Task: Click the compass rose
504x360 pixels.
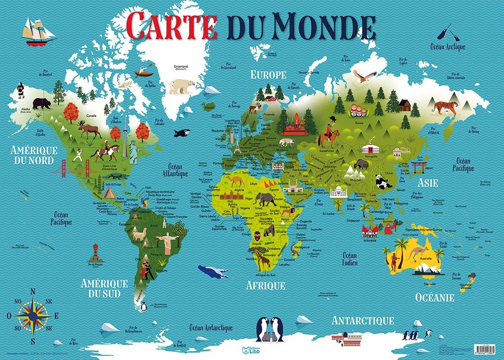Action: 33,315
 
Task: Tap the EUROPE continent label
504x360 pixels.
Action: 268,75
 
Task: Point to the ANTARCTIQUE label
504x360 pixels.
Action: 363,321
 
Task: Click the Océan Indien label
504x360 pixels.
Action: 350,259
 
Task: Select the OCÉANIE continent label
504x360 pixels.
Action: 434,297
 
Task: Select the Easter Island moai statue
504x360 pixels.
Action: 95,252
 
